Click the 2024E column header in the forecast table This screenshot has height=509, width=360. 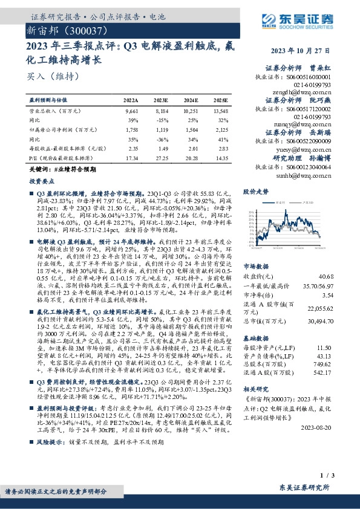(x=191, y=100)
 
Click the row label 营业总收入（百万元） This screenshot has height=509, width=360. (x=56, y=111)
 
